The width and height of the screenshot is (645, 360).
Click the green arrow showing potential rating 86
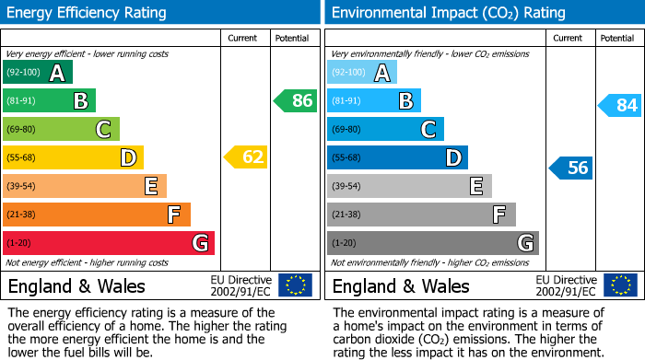click(296, 101)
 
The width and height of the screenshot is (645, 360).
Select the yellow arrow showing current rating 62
click(246, 157)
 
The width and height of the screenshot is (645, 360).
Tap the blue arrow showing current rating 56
click(571, 168)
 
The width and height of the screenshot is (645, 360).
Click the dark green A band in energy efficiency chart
click(38, 73)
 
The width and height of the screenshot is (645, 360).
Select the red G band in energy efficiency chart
click(109, 243)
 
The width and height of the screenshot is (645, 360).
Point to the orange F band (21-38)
click(97, 215)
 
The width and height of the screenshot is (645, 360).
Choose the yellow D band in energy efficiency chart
click(73, 157)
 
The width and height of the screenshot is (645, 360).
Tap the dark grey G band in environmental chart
click(433, 243)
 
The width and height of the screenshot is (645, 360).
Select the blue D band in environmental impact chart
click(397, 157)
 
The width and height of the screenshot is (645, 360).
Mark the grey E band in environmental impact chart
click(409, 186)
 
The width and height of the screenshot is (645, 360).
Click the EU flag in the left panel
click(295, 285)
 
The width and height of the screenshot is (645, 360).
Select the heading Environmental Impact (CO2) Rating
click(448, 13)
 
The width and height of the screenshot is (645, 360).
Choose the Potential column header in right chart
click(617, 38)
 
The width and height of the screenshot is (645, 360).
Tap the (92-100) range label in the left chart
click(24, 73)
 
